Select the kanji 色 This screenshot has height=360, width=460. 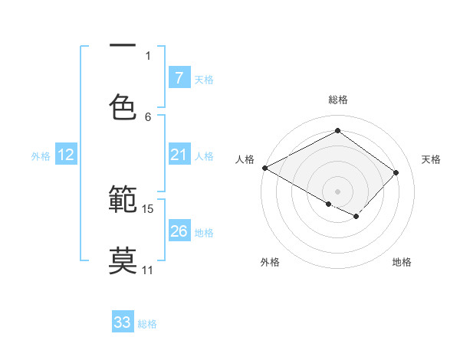[123, 106]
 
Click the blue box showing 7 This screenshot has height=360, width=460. [179, 77]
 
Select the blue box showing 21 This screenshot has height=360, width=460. [179, 155]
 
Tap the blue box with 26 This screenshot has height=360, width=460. [179, 231]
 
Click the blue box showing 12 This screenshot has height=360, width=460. [66, 155]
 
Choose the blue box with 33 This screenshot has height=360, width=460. [123, 322]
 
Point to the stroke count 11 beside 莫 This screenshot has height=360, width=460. [148, 270]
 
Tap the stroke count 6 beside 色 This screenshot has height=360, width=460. [148, 116]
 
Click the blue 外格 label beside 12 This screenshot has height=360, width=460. [41, 155]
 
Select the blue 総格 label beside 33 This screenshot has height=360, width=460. [147, 324]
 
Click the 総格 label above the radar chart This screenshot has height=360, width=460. [337, 100]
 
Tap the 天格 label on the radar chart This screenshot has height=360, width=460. [432, 159]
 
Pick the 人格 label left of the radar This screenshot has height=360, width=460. [245, 159]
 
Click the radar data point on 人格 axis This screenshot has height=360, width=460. [264, 168]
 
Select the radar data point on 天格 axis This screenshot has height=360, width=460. [396, 172]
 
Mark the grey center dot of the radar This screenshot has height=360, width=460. [337, 191]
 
